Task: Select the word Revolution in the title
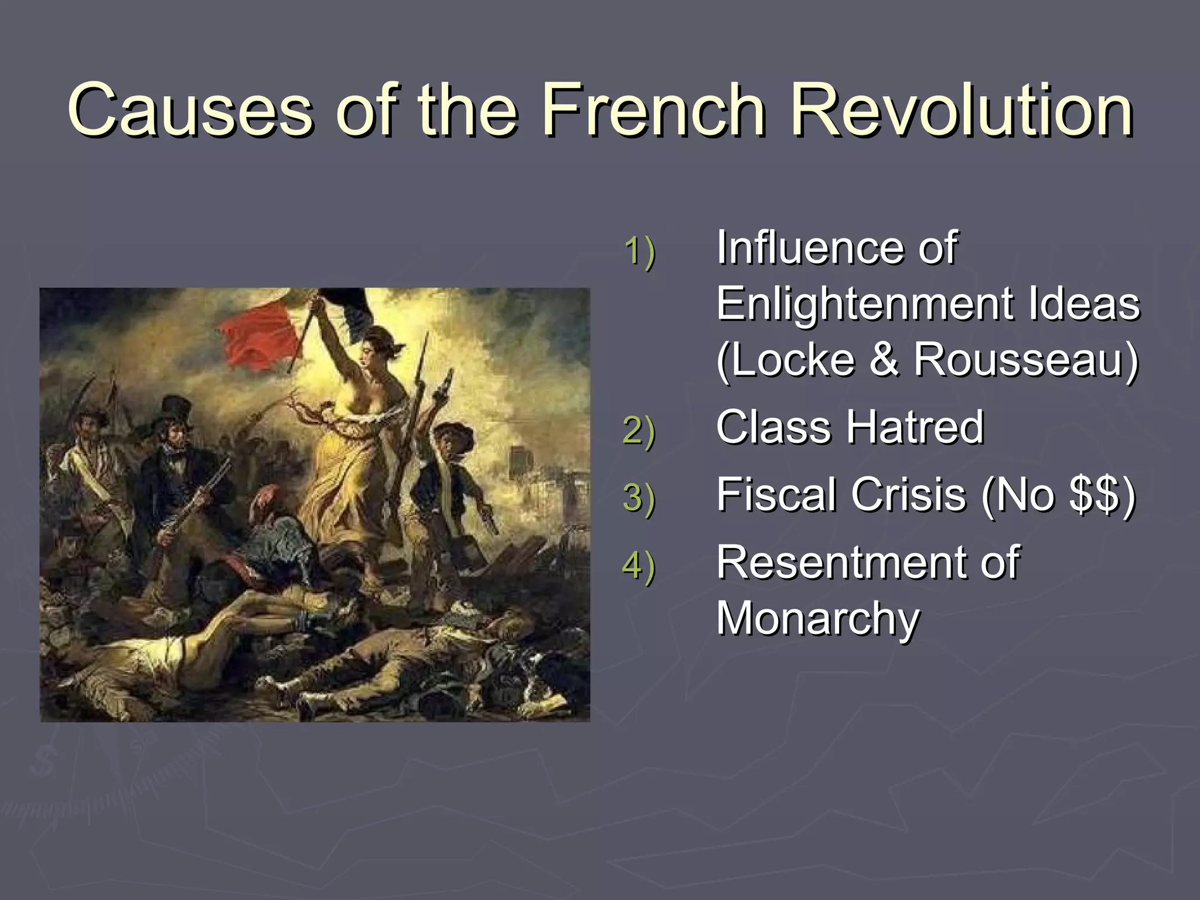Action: pyautogui.click(x=961, y=110)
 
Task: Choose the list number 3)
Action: pyautogui.click(x=639, y=498)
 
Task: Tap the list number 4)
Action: pyautogui.click(x=639, y=566)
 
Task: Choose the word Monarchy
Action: pyautogui.click(x=818, y=619)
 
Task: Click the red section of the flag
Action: pyautogui.click(x=258, y=337)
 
